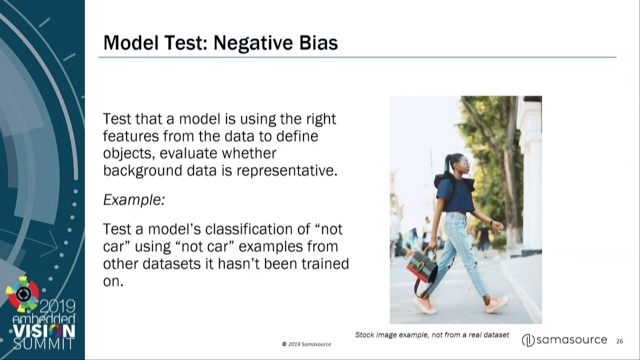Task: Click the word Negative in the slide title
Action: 253,43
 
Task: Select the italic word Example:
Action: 134,199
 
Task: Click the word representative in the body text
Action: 286,171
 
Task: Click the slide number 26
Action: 619,341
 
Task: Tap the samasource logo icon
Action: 528,340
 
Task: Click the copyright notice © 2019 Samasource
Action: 306,344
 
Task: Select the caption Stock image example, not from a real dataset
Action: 431,335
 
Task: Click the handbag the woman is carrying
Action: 422,267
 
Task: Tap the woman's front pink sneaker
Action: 496,304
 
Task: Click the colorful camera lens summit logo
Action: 22,294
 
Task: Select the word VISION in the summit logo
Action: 43,331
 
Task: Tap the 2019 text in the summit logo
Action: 57,306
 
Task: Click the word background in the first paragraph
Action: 142,171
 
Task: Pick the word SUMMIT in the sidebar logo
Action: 43,343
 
